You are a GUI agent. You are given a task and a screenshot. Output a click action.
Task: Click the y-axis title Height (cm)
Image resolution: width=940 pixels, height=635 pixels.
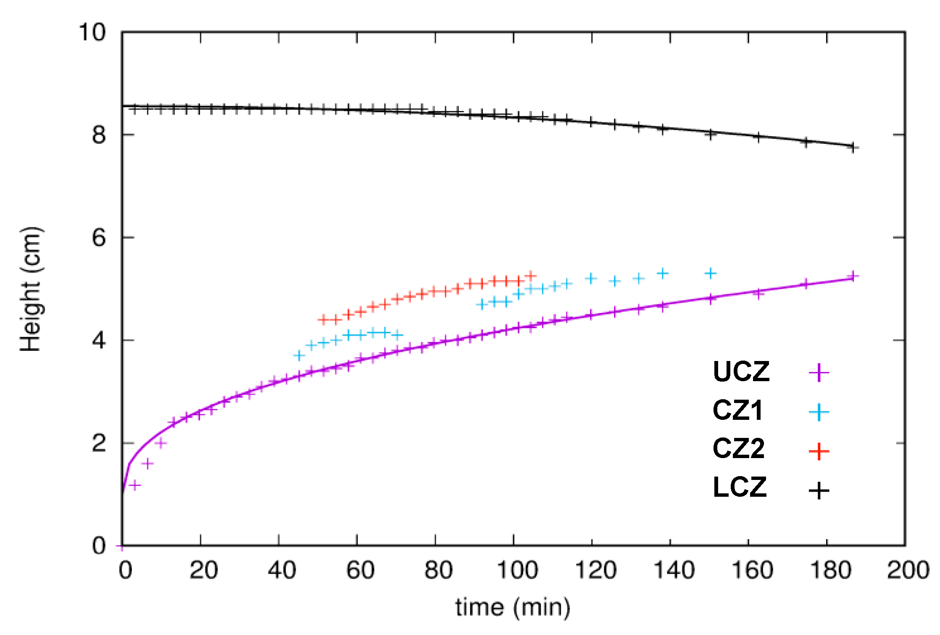pyautogui.click(x=31, y=289)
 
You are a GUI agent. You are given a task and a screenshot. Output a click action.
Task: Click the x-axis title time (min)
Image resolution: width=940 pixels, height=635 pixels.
pyautogui.click(x=513, y=608)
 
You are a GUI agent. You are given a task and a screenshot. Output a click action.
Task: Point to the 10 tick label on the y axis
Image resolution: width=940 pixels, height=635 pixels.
pyautogui.click(x=92, y=32)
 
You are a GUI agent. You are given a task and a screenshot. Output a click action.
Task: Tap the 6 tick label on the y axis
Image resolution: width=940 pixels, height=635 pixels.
pyautogui.click(x=99, y=238)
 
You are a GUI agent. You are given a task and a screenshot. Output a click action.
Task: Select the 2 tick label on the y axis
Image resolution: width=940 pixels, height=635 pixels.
pyautogui.click(x=99, y=443)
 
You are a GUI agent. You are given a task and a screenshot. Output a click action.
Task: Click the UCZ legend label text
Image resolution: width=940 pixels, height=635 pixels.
pyautogui.click(x=741, y=372)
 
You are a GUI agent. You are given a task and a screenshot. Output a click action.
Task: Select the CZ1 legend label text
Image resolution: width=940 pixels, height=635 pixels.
pyautogui.click(x=737, y=410)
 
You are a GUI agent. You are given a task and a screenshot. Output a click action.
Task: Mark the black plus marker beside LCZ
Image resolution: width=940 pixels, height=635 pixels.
pyautogui.click(x=819, y=490)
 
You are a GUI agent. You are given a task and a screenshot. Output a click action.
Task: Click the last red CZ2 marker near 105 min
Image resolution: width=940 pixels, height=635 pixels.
pyautogui.click(x=531, y=276)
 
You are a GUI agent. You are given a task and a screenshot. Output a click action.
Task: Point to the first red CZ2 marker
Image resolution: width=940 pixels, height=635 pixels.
pyautogui.click(x=323, y=320)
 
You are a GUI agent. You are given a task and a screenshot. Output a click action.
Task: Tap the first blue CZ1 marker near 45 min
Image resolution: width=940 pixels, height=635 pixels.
pyautogui.click(x=299, y=356)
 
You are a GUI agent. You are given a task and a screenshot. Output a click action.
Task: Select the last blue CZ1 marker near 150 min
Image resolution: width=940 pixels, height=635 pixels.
pyautogui.click(x=710, y=274)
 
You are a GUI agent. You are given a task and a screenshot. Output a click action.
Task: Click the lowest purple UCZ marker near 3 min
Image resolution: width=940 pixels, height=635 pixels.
pyautogui.click(x=135, y=485)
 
